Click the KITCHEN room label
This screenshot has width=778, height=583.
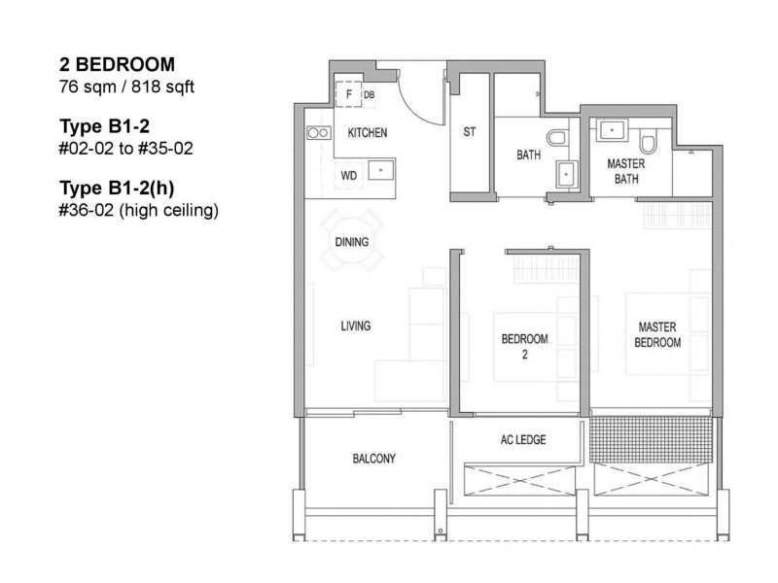tap(368, 133)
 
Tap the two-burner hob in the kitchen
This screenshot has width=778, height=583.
tap(319, 132)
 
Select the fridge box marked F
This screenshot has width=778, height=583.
tap(348, 94)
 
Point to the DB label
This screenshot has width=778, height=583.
tap(369, 94)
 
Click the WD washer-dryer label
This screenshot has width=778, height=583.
tap(349, 176)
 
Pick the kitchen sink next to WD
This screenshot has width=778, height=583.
tap(381, 170)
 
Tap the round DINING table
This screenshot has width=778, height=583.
tap(352, 242)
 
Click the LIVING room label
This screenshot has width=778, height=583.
tap(355, 326)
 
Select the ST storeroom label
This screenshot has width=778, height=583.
tap(470, 132)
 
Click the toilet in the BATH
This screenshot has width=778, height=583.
tap(557, 137)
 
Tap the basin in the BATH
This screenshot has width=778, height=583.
tap(567, 174)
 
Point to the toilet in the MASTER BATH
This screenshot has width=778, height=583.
tap(647, 141)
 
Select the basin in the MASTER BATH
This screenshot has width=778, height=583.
tap(613, 130)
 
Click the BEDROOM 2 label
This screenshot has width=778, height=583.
tap(524, 347)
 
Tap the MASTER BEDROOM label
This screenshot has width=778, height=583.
tap(657, 334)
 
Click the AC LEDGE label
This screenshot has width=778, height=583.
tap(523, 440)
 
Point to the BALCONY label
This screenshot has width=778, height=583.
tap(374, 459)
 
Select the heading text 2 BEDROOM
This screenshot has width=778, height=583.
tap(117, 64)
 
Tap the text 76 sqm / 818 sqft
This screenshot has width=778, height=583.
tap(126, 86)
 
